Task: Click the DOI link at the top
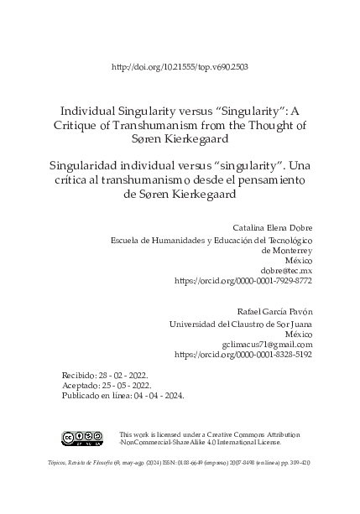tap(180, 66)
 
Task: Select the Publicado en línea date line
tap(123, 394)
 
